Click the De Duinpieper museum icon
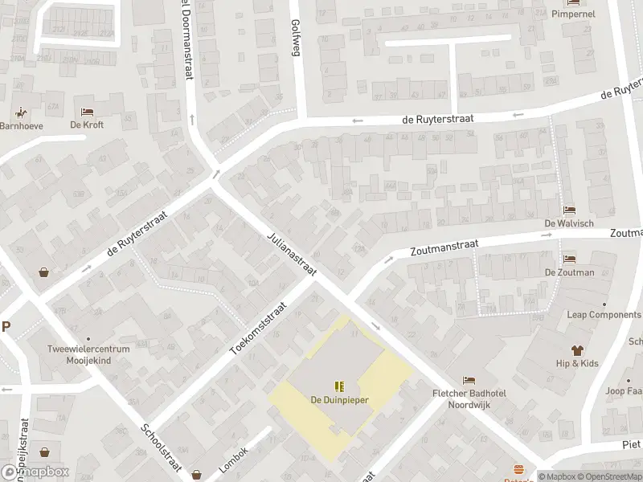point(339,386)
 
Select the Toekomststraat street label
point(258,329)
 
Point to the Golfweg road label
point(295,37)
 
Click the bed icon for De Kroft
point(87,112)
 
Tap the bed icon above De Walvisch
point(569,210)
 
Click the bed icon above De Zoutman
point(569,259)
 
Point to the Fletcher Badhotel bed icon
point(469,380)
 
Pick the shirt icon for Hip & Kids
point(577,350)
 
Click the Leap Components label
point(604,315)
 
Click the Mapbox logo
point(35,472)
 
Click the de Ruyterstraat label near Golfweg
point(438,118)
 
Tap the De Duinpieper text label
point(339,399)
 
